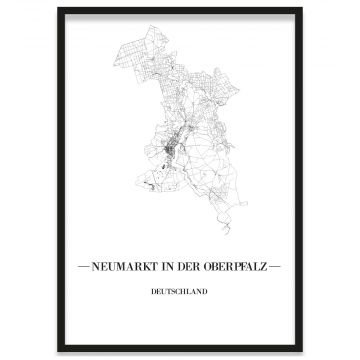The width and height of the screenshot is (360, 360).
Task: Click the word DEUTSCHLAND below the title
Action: (x=180, y=293)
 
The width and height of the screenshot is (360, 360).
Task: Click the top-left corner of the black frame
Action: (x=59, y=9)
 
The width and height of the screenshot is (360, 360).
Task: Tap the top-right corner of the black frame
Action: (x=301, y=9)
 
